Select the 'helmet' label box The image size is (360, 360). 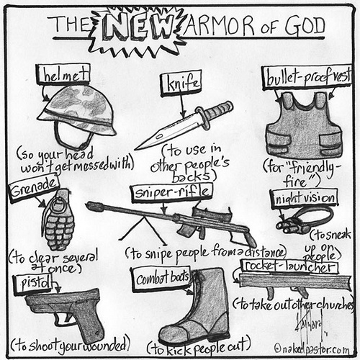(63, 74)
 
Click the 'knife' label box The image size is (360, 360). (181, 84)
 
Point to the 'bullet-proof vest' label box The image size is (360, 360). (307, 78)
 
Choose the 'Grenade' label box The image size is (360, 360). (34, 188)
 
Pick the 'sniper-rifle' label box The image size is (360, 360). (172, 192)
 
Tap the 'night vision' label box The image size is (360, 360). (305, 198)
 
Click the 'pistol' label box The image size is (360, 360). (34, 284)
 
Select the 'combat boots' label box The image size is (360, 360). (161, 279)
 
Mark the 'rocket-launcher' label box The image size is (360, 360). (290, 266)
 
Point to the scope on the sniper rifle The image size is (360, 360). (211, 213)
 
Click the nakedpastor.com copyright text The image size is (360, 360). (312, 349)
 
